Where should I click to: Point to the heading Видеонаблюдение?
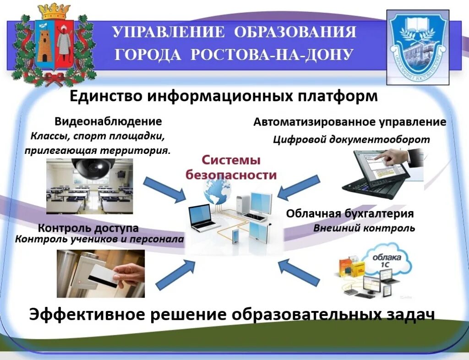[x=108, y=122]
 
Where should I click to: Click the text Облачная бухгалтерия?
[x=350, y=214]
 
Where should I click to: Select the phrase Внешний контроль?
[x=364, y=228]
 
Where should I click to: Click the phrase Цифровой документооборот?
[x=351, y=139]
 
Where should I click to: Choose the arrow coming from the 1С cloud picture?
[x=298, y=271]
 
